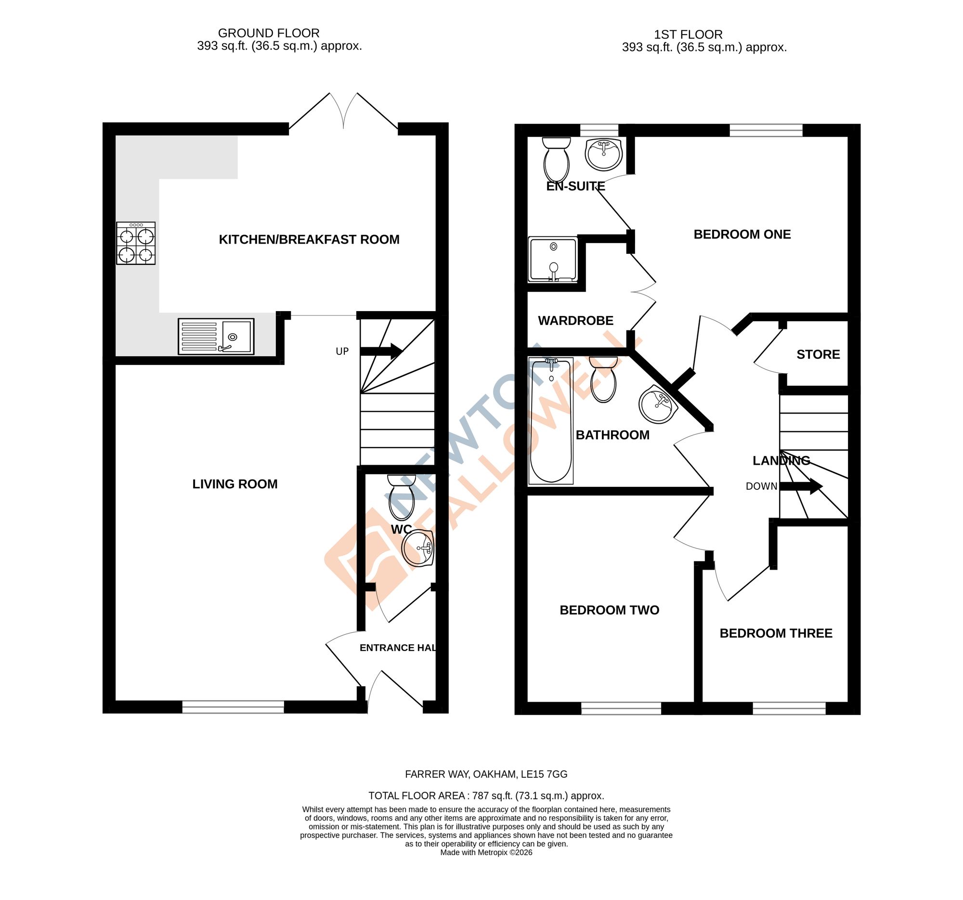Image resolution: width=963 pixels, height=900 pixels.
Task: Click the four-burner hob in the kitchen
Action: (x=136, y=243)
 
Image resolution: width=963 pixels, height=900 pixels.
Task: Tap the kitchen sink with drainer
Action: (x=216, y=336)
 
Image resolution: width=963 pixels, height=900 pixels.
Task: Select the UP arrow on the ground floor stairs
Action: (x=381, y=351)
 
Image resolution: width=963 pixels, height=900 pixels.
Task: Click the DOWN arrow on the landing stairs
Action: (x=801, y=486)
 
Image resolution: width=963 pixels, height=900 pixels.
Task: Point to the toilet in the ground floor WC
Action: (x=402, y=498)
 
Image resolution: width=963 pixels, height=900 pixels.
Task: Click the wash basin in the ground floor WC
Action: (x=417, y=548)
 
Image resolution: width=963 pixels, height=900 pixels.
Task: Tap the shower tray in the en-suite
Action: (x=553, y=260)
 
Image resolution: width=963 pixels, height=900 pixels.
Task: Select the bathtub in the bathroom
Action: (x=551, y=421)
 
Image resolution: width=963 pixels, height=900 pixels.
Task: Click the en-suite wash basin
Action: (x=603, y=154)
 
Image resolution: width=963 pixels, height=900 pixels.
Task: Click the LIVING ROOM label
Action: (x=235, y=484)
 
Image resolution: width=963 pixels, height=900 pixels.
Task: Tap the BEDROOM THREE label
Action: (x=776, y=633)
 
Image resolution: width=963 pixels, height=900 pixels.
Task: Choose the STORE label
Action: (x=818, y=354)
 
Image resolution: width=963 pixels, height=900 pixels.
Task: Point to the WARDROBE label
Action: (x=575, y=321)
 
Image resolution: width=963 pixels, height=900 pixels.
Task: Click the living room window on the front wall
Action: (x=233, y=707)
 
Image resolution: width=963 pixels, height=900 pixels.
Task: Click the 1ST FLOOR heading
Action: (x=688, y=34)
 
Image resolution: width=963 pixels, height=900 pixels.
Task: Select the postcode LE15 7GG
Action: (x=544, y=774)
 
